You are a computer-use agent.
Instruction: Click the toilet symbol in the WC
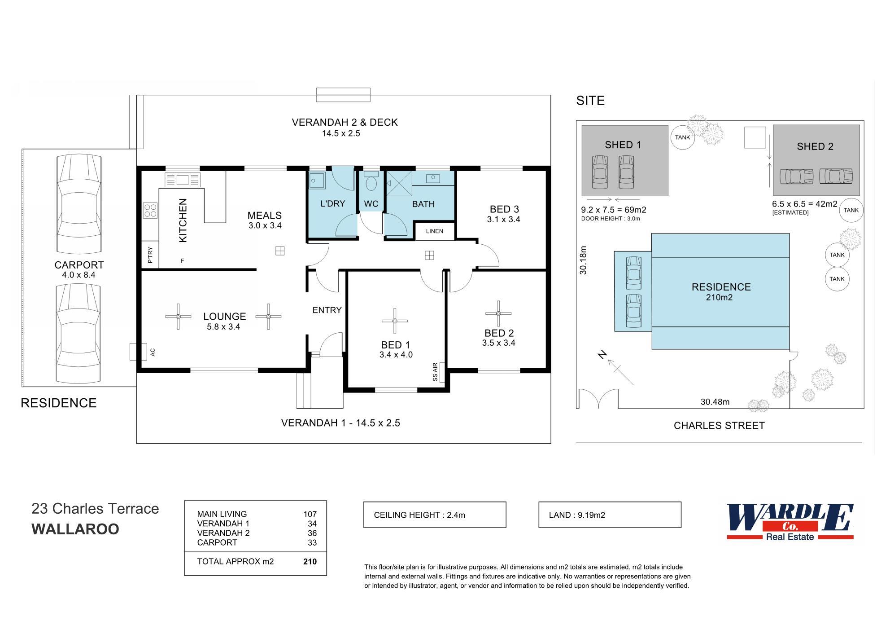pos(371,182)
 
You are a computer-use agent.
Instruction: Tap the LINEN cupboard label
pos(434,231)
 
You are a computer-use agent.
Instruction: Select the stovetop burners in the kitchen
pos(150,211)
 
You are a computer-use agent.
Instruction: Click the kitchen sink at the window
pos(183,180)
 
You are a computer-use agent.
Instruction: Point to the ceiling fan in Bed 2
pos(498,313)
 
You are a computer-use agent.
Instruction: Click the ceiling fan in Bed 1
pos(395,321)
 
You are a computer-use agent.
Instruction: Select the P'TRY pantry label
pos(150,255)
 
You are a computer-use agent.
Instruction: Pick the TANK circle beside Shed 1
pos(682,137)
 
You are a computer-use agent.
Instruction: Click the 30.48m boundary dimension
pos(715,402)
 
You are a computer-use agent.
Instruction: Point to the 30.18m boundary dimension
pos(583,260)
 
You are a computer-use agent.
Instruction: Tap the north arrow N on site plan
pos(603,355)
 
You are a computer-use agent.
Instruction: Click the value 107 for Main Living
pos(310,514)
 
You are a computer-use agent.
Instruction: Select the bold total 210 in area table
pos(310,561)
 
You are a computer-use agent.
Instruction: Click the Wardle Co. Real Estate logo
pos(790,522)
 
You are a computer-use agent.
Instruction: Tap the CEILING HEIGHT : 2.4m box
pos(434,515)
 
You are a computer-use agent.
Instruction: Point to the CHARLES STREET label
pos(719,426)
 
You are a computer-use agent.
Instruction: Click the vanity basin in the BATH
pos(433,178)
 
